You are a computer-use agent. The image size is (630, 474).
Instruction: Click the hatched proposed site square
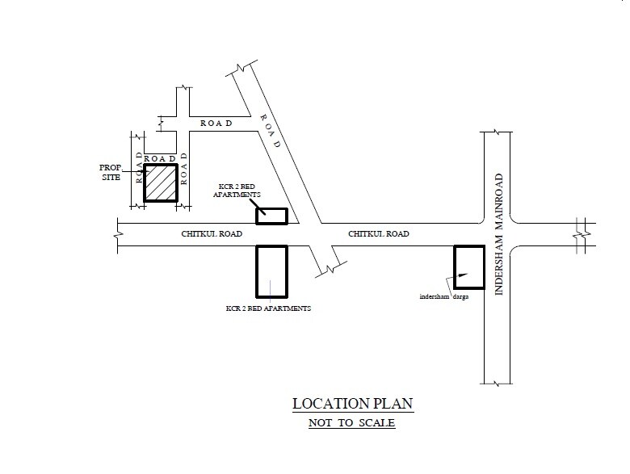click(x=161, y=182)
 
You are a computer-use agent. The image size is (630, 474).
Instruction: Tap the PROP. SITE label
click(x=111, y=172)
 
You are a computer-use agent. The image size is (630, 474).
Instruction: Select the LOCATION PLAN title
click(x=353, y=404)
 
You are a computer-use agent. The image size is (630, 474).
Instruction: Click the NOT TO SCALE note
click(x=352, y=423)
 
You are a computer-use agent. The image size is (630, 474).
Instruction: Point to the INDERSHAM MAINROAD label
click(x=498, y=234)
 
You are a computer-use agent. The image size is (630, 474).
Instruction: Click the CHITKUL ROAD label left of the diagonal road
click(x=212, y=234)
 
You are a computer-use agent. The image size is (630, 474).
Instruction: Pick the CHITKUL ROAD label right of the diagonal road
click(x=379, y=234)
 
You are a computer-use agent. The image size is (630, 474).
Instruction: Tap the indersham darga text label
click(x=444, y=297)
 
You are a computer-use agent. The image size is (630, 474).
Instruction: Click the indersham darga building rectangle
click(x=469, y=267)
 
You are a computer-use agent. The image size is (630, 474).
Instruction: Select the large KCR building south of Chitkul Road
click(x=272, y=271)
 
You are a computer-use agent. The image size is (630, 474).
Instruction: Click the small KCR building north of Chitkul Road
click(x=272, y=216)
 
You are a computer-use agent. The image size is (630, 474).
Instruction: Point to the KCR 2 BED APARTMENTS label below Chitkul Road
click(x=268, y=308)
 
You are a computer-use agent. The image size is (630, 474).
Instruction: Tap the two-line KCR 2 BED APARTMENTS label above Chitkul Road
click(x=237, y=191)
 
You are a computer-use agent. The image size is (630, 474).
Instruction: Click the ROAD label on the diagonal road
click(x=270, y=131)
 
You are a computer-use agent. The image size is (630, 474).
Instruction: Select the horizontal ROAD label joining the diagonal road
click(x=216, y=124)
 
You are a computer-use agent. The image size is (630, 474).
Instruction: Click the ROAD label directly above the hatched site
click(x=160, y=158)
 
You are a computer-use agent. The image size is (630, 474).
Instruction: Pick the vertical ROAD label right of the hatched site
click(x=184, y=168)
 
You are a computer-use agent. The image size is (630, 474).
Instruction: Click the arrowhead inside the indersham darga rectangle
click(x=464, y=275)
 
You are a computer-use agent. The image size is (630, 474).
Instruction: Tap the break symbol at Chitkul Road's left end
click(x=118, y=235)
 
